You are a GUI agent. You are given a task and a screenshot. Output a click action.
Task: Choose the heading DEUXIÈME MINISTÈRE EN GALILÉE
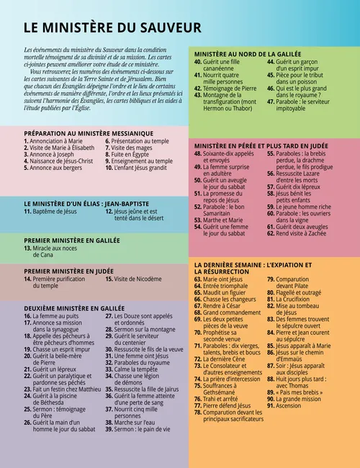74,308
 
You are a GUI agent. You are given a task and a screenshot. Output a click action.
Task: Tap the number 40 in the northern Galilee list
197,63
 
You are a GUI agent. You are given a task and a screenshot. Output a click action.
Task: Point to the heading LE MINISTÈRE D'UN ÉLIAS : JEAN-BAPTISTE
94,203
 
